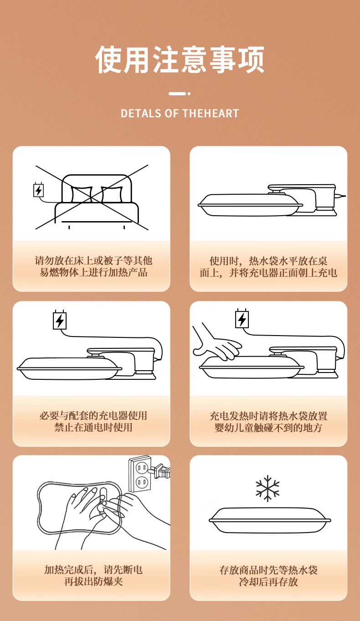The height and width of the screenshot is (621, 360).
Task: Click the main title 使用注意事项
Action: pyautogui.click(x=180, y=59)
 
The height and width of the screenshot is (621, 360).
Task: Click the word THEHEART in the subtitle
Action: pyautogui.click(x=211, y=114)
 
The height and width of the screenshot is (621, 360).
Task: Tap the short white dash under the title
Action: pyautogui.click(x=177, y=94)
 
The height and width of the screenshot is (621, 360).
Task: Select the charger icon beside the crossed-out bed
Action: pyautogui.click(x=39, y=190)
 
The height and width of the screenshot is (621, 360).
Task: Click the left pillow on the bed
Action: pyautogui.click(x=82, y=195)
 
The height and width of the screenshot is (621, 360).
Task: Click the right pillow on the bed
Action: pyautogui.click(x=112, y=195)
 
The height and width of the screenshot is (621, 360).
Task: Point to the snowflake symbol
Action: pyautogui.click(x=267, y=488)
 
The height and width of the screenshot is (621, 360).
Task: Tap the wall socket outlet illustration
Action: pyautogui.click(x=140, y=474)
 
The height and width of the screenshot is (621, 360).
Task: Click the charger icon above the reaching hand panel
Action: pyautogui.click(x=242, y=319)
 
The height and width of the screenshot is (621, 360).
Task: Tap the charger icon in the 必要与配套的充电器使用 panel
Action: pyautogui.click(x=60, y=320)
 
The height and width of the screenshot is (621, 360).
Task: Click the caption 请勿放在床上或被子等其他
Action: pyautogui.click(x=93, y=261)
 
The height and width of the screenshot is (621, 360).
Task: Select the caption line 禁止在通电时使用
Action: pyautogui.click(x=93, y=427)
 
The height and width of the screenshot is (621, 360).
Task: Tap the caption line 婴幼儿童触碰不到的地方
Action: pyautogui.click(x=268, y=428)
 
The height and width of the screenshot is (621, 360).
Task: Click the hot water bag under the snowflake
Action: pyautogui.click(x=270, y=520)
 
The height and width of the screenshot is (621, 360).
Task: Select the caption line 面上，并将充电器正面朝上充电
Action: pyautogui.click(x=268, y=273)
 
